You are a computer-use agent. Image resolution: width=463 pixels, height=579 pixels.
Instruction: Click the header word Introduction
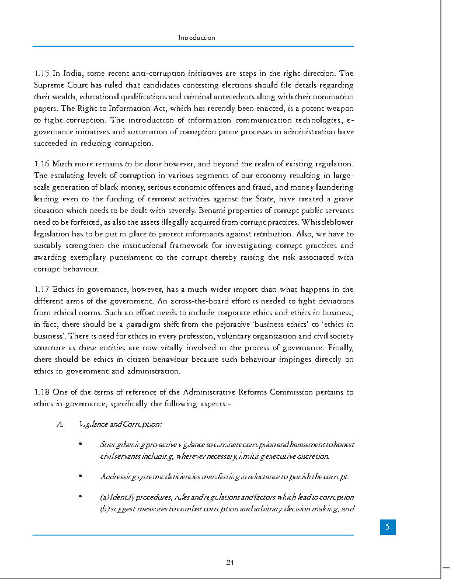click(197, 37)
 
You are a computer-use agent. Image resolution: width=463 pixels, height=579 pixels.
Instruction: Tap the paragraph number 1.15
click(41, 74)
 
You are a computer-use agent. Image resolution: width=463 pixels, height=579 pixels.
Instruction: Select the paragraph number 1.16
click(41, 164)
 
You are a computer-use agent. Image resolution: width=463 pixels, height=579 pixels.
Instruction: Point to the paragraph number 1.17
click(41, 289)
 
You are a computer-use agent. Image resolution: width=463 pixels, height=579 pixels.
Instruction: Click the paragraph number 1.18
click(41, 392)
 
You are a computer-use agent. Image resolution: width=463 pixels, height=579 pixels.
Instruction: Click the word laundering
click(334, 187)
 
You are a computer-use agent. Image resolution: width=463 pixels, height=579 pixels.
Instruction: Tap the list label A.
click(60, 424)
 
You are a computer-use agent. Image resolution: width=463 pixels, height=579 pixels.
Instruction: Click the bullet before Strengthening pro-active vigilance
click(79, 445)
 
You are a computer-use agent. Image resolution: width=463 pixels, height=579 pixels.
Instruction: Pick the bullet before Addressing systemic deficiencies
click(79, 477)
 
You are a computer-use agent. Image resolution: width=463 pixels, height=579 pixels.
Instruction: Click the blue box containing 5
click(387, 527)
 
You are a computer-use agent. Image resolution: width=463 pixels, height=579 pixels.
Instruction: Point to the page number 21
click(230, 563)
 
